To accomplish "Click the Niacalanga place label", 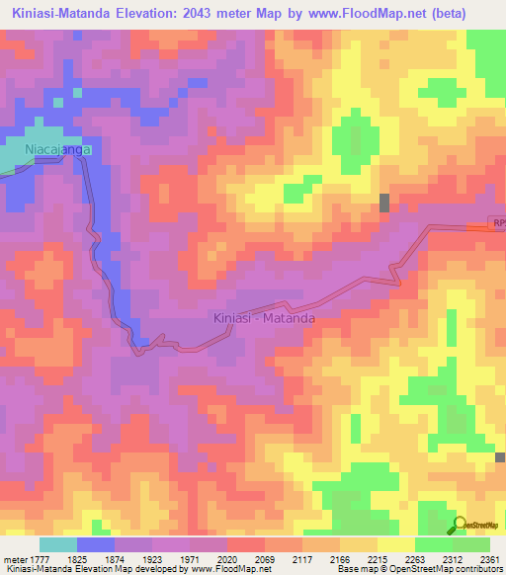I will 58,149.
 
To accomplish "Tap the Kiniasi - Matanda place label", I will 264,318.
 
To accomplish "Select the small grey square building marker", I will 384,203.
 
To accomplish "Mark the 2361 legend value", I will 491,558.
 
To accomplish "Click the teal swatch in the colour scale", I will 57,544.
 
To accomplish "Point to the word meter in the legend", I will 13,558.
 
